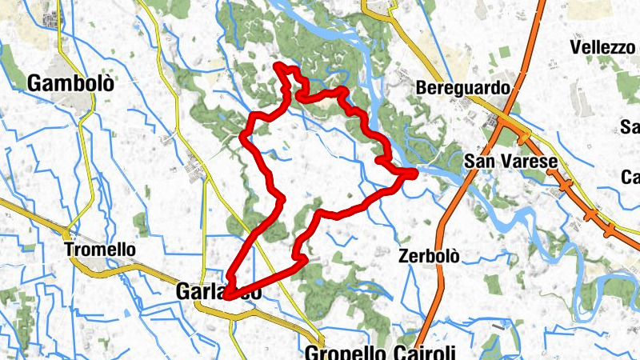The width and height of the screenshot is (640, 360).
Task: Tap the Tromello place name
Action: tap(100, 250)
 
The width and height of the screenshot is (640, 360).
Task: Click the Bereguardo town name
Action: tap(463, 88)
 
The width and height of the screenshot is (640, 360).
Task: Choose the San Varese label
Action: tap(510, 162)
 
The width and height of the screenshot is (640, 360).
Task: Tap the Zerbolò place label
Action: tap(429, 257)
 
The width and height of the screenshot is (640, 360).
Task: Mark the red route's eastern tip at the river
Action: tap(415, 173)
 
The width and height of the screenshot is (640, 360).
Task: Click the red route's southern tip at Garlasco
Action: tap(227, 297)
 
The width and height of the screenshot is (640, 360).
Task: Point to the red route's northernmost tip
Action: tap(278, 65)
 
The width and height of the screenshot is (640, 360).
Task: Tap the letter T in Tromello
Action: tap(70, 250)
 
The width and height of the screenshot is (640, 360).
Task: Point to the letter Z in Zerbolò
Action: tap(403, 257)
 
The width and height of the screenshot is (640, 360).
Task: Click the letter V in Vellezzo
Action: tap(576, 47)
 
